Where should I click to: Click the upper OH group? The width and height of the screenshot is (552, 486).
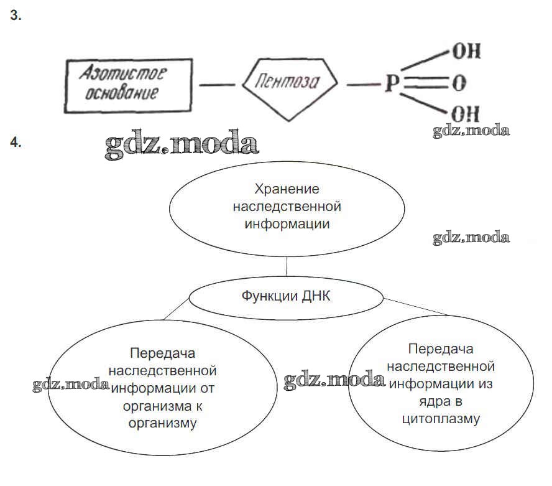[466, 52]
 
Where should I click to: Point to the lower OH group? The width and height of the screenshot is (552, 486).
[466, 114]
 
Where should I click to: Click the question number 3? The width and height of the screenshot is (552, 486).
[16, 17]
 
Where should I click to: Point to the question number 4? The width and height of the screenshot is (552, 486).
[16, 143]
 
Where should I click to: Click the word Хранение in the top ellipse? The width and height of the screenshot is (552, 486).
[287, 189]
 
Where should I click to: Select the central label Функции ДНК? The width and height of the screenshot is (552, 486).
[286, 296]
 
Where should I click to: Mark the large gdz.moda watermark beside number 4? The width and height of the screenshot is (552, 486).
[182, 145]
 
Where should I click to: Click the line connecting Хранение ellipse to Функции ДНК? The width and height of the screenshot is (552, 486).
[286, 266]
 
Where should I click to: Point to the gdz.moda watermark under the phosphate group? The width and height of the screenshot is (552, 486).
[472, 131]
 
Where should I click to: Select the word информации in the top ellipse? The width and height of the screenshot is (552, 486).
[287, 223]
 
